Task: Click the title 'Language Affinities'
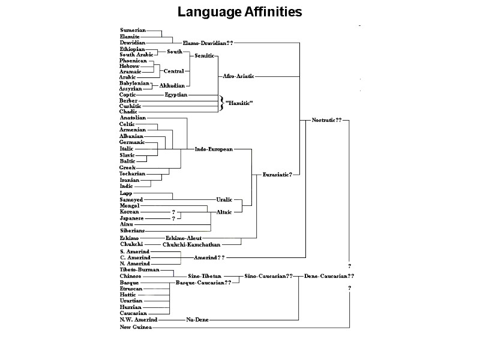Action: [x=239, y=12]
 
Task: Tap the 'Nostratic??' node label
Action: [x=326, y=120]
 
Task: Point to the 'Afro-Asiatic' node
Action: [x=238, y=76]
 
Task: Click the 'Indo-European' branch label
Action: [x=214, y=149]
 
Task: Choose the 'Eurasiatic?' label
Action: [x=277, y=175]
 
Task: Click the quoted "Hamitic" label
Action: [x=238, y=103]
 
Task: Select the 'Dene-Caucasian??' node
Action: [x=329, y=276]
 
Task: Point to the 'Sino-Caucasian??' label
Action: [x=269, y=276]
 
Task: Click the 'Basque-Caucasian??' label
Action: [x=203, y=282]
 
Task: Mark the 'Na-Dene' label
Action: [x=197, y=320]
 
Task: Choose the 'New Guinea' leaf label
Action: [x=136, y=327]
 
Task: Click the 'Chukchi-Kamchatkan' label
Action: [x=191, y=244]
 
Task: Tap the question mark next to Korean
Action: [x=173, y=212]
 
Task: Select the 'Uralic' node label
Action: [x=224, y=199]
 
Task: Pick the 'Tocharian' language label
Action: [x=133, y=173]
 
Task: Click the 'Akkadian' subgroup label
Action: [x=172, y=86]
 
